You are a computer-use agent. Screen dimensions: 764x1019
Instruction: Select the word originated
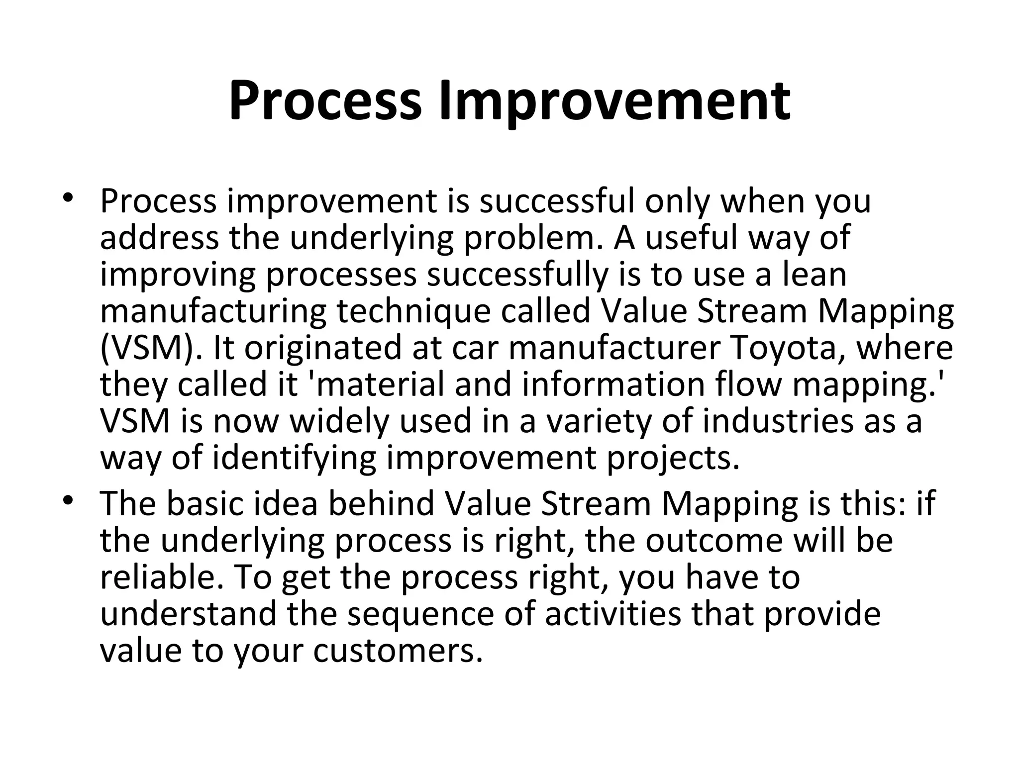point(322,348)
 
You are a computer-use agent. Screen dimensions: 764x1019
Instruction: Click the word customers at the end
point(398,652)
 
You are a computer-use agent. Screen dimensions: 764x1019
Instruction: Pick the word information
point(612,384)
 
